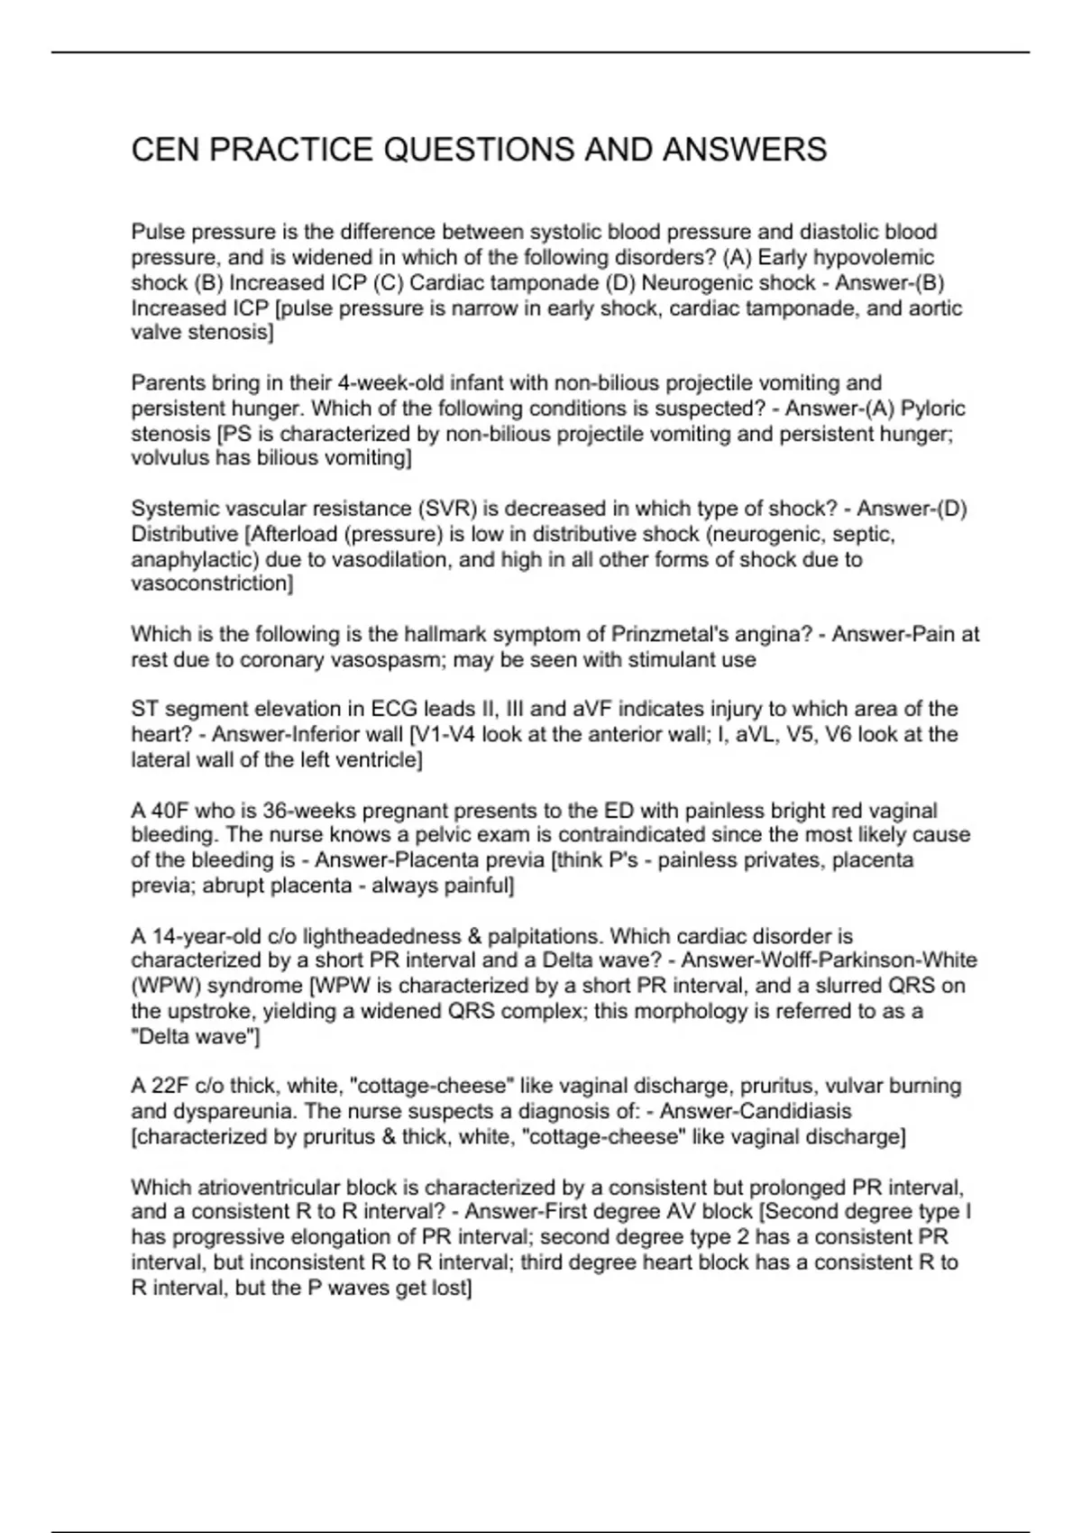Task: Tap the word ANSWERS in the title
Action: click(745, 150)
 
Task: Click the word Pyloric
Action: click(933, 408)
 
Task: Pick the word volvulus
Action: click(170, 458)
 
